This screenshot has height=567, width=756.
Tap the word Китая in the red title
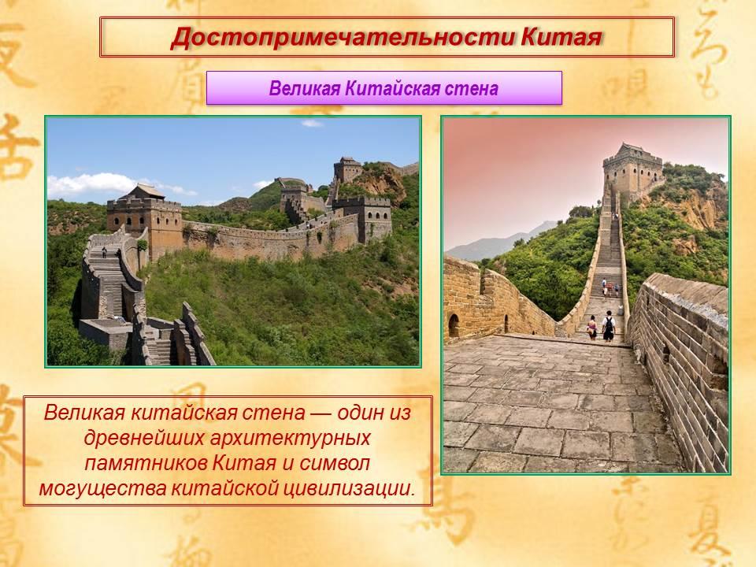561,37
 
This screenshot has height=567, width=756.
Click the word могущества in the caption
103,488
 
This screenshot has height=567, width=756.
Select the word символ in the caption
335,463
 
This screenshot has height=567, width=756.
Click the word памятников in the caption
146,463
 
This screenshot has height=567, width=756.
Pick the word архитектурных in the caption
291,438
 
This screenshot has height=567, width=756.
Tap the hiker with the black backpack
609,326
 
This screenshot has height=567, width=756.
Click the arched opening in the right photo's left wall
454,325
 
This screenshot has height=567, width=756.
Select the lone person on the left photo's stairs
104,252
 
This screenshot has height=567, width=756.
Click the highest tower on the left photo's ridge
347,170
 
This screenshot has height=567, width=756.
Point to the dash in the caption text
321,413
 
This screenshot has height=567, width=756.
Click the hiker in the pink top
592,328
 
